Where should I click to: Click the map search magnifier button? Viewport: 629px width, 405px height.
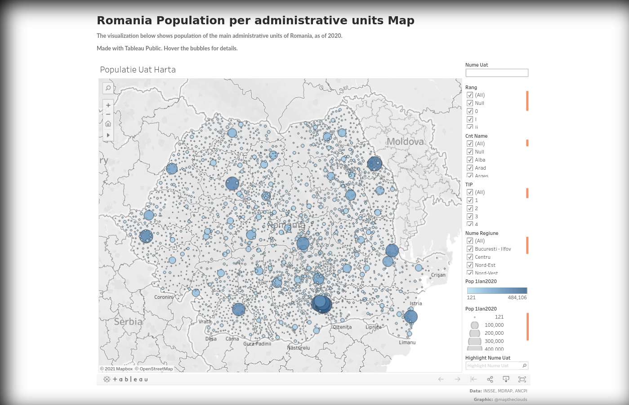(108, 88)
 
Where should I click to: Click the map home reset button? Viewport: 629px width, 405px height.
(108, 124)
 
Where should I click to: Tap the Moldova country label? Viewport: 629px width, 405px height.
(405, 142)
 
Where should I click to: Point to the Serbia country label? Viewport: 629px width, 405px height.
(128, 322)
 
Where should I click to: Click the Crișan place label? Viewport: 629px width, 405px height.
(438, 275)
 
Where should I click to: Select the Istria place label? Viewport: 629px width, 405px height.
(415, 303)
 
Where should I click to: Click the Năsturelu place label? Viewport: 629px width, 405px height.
(298, 348)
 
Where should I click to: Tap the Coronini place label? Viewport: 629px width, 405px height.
(164, 297)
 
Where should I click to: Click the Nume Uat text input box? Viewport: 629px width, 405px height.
(496, 73)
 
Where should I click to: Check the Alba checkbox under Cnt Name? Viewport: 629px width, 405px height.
(470, 160)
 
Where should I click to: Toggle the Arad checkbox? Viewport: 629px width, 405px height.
(470, 168)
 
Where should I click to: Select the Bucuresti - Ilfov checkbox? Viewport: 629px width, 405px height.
(470, 249)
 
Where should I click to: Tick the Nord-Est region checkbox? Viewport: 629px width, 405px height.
(470, 265)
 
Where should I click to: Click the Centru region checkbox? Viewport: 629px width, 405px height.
(470, 257)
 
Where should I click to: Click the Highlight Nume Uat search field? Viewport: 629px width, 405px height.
(494, 366)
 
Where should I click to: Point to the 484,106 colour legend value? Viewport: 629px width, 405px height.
(517, 297)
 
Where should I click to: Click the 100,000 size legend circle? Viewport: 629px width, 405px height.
(474, 325)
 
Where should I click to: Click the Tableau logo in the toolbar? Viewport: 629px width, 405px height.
(125, 379)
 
